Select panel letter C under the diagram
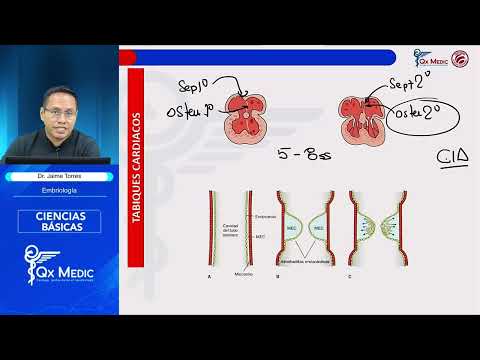pyautogui.click(x=348, y=275)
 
